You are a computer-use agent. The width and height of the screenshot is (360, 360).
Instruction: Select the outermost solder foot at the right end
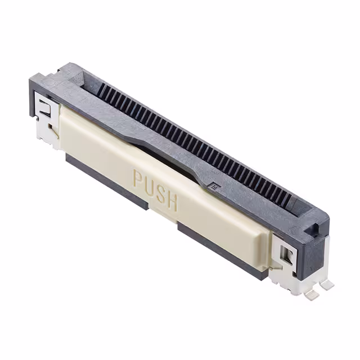(327, 286)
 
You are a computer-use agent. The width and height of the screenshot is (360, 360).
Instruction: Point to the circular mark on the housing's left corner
(51, 82)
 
